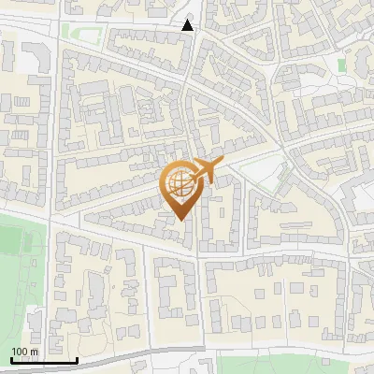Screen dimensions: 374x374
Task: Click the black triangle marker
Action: click(189, 25)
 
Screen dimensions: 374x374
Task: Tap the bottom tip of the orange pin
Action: click(181, 221)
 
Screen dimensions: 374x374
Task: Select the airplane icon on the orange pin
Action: click(205, 170)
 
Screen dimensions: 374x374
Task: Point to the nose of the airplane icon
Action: click(222, 164)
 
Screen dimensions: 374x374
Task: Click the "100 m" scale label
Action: click(25, 352)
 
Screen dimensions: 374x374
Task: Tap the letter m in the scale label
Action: click(35, 352)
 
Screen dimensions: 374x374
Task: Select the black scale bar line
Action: click(44, 361)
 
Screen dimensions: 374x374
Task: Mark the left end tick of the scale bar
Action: click(11, 359)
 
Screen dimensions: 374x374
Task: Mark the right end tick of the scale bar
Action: click(77, 359)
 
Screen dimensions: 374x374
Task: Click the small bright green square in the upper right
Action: click(341, 65)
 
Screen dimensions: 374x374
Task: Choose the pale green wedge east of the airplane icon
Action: click(251, 173)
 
